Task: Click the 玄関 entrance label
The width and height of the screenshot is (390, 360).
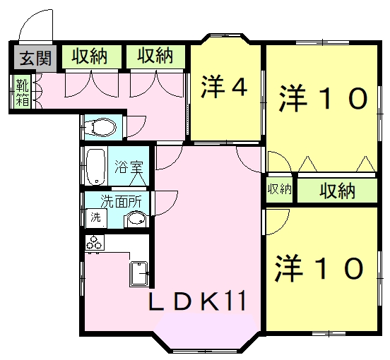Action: (x=34, y=57)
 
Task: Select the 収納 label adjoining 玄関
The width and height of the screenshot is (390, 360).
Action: (x=89, y=56)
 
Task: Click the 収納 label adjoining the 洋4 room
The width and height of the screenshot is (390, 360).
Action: (x=155, y=56)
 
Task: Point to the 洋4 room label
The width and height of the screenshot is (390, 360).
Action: (x=225, y=88)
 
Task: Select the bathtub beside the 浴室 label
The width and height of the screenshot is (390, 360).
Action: (x=95, y=167)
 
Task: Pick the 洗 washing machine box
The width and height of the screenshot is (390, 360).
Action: (x=93, y=217)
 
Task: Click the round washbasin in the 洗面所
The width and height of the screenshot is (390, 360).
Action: (x=136, y=220)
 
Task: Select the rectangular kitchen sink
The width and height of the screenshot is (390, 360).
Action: (x=139, y=272)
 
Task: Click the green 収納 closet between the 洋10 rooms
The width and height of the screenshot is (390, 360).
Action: (x=336, y=191)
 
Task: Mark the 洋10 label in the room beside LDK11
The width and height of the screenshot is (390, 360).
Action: (x=319, y=268)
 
